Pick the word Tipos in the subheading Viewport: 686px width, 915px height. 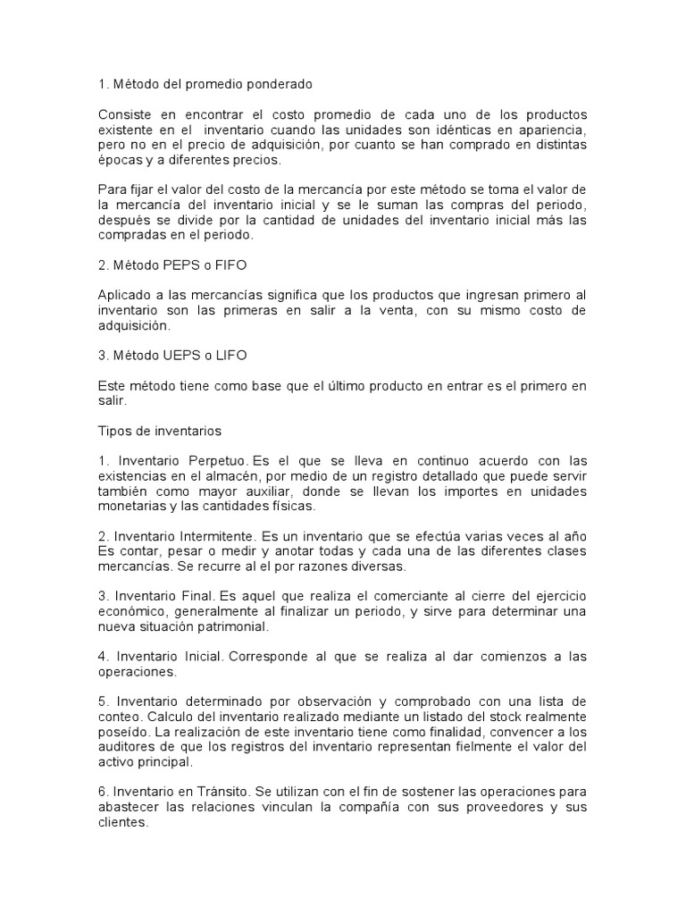click(114, 430)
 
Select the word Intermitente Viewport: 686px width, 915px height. click(214, 535)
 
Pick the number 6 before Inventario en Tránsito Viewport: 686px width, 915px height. click(101, 793)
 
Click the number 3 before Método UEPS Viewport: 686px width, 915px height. click(101, 355)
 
